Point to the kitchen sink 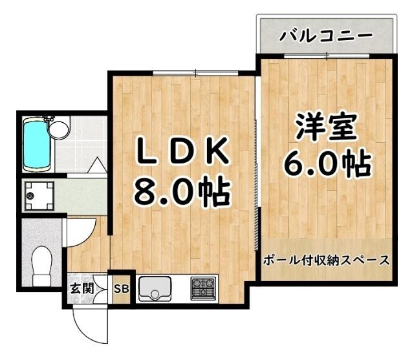pyautogui.click(x=155, y=288)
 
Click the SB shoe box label pyautogui.click(x=121, y=289)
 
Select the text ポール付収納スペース pyautogui.click(x=327, y=261)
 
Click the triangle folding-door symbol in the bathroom pyautogui.click(x=96, y=164)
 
